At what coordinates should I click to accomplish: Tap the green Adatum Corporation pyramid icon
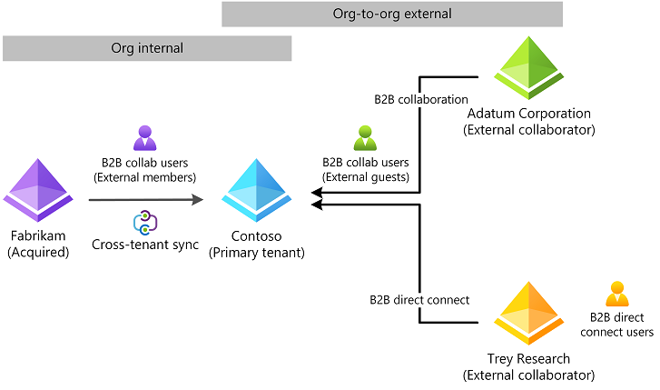(527, 66)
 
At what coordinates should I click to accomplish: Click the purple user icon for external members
(146, 138)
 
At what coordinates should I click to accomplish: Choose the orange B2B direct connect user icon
(617, 295)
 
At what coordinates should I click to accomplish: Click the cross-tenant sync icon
(146, 222)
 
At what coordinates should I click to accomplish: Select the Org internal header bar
(146, 48)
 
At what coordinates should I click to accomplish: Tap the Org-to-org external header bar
(392, 15)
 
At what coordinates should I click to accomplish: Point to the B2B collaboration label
(421, 98)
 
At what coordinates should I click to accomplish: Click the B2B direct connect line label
(419, 299)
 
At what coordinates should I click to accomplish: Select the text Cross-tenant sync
(146, 245)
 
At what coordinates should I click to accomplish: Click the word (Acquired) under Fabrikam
(38, 253)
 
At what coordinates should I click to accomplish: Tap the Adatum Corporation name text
(527, 114)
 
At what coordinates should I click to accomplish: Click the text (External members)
(146, 176)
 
